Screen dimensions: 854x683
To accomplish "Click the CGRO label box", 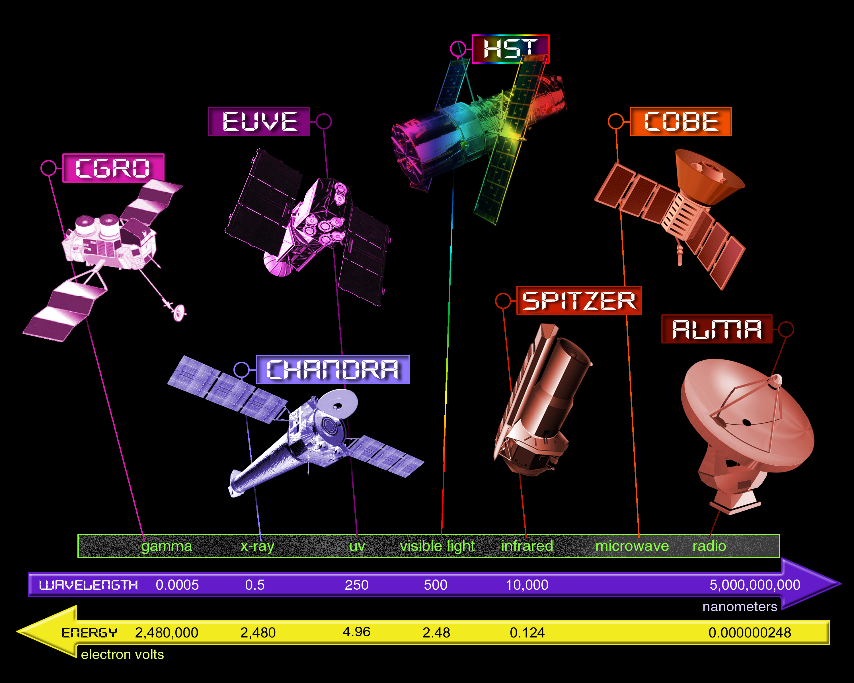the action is point(113,168).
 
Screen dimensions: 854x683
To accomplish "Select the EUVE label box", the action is point(259,121).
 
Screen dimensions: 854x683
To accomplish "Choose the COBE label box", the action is point(681,121).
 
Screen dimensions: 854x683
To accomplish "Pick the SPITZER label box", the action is point(579,301).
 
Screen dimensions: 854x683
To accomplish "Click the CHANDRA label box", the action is point(333,369).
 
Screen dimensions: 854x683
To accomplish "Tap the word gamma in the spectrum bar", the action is point(167,546).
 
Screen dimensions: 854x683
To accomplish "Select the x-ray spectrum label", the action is point(257,546).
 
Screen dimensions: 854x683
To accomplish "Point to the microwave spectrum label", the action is point(632,546).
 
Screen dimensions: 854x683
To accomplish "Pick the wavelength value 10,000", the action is point(527,585).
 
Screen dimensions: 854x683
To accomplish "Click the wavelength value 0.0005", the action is point(177,585).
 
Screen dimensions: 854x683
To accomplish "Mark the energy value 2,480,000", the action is point(167,633).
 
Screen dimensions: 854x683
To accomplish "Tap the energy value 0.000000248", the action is point(750,632).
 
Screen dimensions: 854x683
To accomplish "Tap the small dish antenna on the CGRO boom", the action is point(179,312).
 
